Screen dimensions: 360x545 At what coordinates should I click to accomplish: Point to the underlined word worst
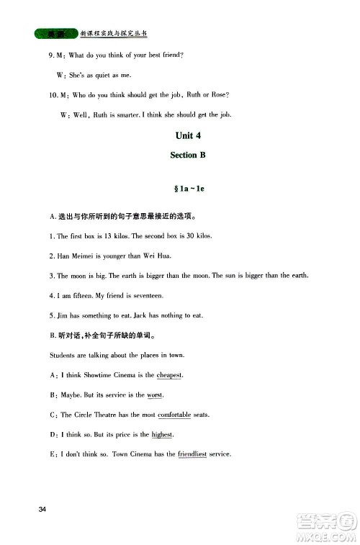[155, 395]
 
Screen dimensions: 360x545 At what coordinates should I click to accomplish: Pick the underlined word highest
[163, 434]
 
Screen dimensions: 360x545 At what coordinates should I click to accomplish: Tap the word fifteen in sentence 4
[80, 296]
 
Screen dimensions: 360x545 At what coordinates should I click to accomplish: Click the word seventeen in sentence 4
[146, 296]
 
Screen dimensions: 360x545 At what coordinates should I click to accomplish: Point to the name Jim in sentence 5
[63, 315]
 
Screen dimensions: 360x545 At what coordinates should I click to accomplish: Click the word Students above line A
[63, 356]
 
